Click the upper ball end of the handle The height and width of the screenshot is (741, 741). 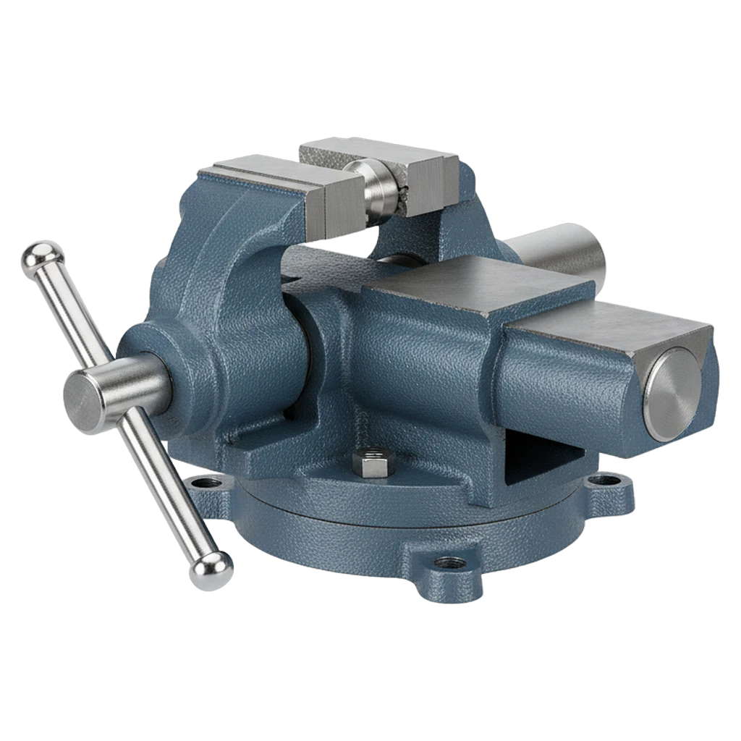tap(42, 256)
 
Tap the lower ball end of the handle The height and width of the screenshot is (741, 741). tap(211, 570)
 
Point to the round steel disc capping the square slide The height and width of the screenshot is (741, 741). tap(673, 394)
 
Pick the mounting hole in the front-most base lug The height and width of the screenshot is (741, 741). tap(446, 563)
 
